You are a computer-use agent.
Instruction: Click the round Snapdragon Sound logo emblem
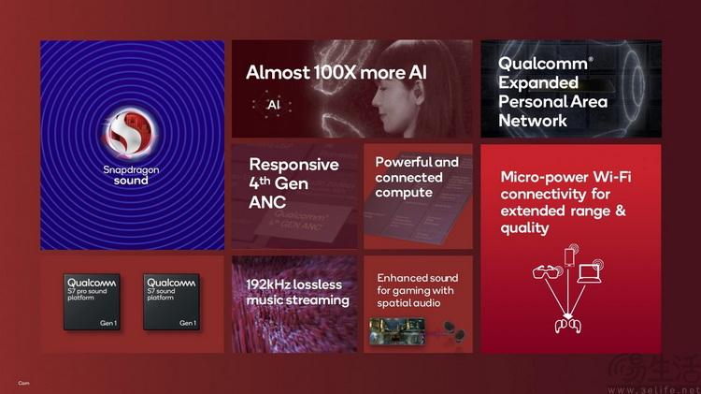tap(131, 133)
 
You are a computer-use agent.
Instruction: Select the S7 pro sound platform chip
tap(91, 301)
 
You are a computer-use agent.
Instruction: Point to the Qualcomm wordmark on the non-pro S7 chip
tap(171, 282)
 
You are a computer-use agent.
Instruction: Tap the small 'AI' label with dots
tap(274, 106)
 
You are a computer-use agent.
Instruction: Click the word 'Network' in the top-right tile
tap(533, 120)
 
